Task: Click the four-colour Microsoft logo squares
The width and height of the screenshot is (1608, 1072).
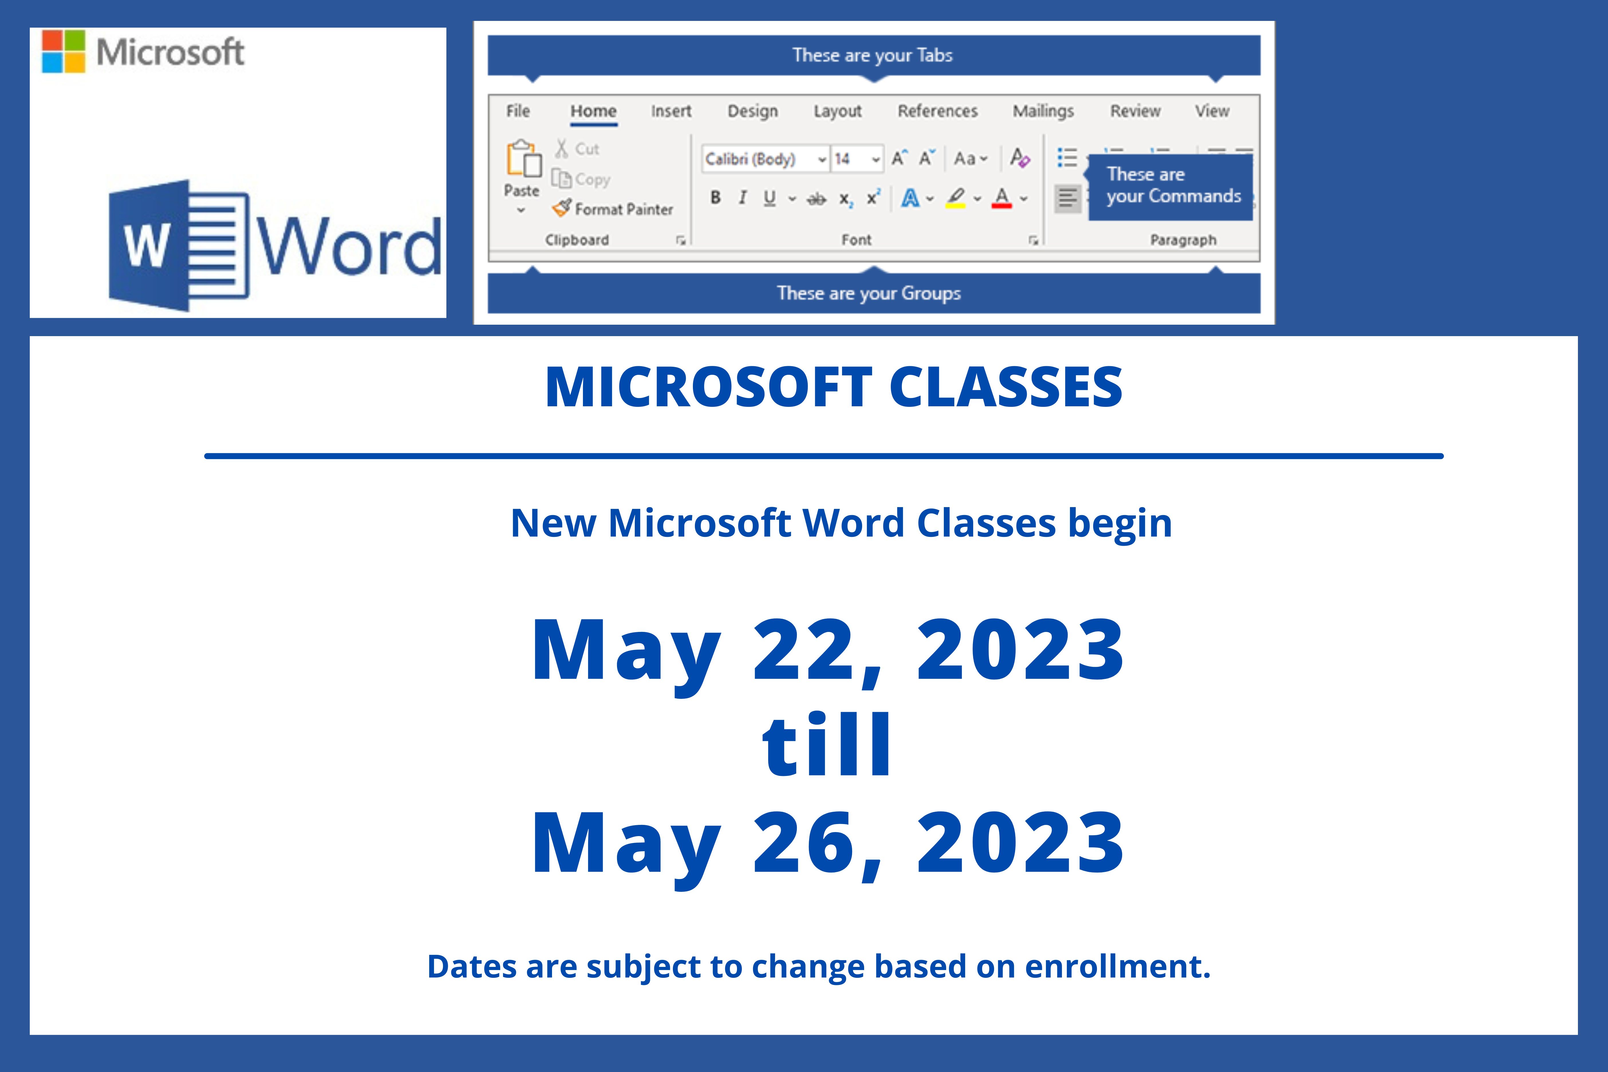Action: point(64,51)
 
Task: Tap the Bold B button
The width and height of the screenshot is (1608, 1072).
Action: point(715,198)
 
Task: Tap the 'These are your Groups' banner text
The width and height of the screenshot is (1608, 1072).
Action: point(869,293)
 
